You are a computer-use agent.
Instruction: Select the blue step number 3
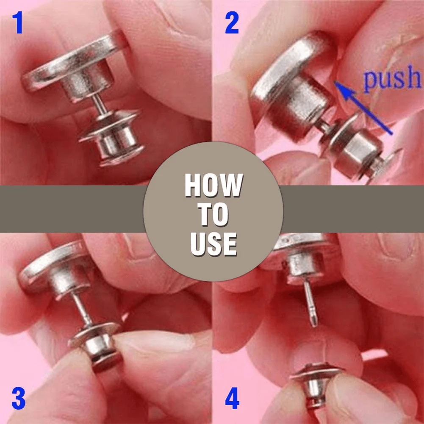click(18, 399)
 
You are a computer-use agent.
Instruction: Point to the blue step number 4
click(232, 399)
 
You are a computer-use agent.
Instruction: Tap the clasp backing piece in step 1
click(112, 140)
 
